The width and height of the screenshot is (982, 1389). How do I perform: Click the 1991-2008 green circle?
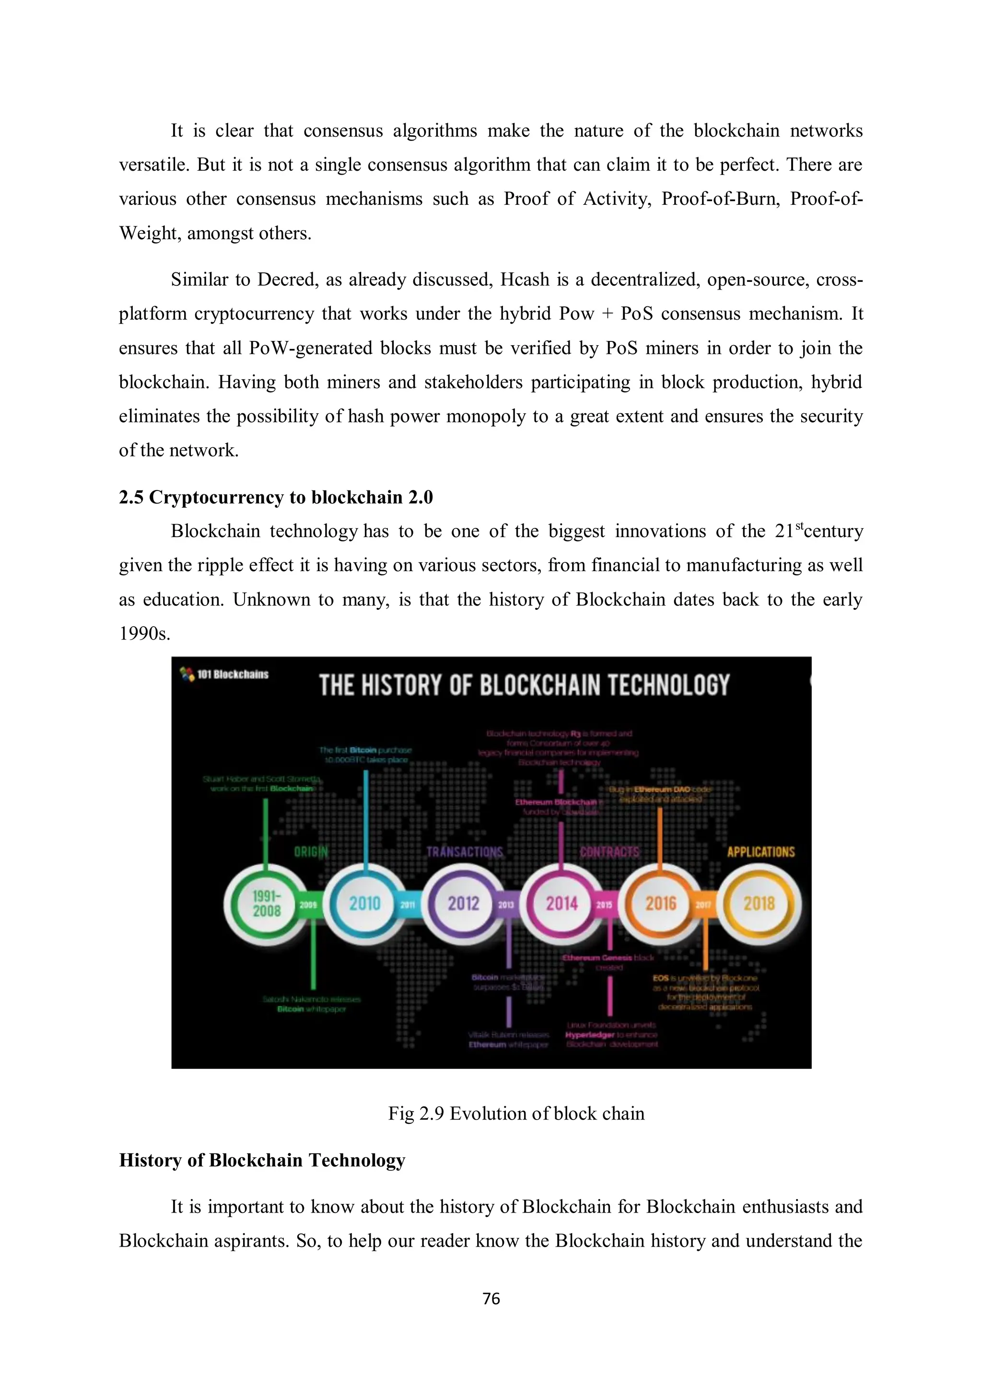(267, 903)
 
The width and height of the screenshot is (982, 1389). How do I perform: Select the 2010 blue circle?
(365, 903)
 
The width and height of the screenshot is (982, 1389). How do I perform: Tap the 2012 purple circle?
(464, 903)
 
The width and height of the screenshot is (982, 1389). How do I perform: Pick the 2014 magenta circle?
(562, 903)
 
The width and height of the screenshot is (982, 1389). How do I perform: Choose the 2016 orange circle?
(660, 903)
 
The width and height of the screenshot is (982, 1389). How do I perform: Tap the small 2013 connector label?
(506, 905)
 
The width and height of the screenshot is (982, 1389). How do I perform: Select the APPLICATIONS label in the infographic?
(760, 852)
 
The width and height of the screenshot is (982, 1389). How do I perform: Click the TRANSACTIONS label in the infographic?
(465, 852)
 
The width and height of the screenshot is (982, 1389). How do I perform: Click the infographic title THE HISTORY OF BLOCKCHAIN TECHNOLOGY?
(524, 686)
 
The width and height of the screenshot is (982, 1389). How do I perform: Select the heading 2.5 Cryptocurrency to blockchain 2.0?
(276, 497)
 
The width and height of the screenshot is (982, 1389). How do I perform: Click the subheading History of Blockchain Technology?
(262, 1160)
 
